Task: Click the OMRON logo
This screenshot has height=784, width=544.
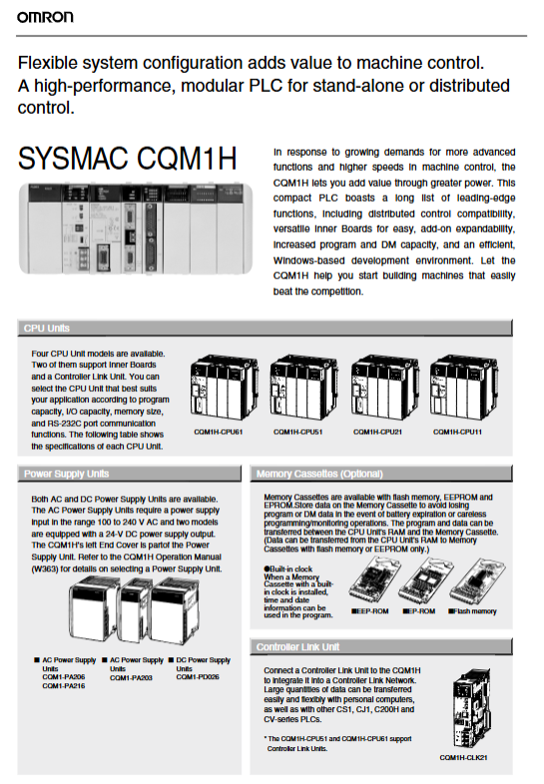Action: tap(45, 17)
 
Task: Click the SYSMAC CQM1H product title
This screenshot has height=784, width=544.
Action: tap(127, 159)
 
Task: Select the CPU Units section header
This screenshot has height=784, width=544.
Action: tap(47, 328)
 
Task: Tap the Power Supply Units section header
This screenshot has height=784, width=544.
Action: tap(66, 474)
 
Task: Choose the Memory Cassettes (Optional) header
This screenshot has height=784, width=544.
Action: tap(319, 474)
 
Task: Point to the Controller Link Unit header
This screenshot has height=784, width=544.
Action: tap(297, 647)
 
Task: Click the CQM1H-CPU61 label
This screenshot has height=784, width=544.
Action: tap(219, 432)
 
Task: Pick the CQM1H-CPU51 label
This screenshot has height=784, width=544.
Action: tap(297, 432)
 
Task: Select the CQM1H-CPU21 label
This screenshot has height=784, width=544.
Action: tap(377, 432)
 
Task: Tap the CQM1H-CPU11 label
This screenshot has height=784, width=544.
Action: tap(457, 432)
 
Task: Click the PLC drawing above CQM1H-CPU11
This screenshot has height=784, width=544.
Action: tap(463, 387)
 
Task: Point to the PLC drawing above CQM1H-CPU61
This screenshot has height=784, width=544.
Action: tap(224, 387)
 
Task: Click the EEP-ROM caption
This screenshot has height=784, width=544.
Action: tap(370, 611)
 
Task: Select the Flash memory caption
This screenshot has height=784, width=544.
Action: tap(472, 611)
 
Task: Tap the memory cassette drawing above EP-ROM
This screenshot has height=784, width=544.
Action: tap(426, 581)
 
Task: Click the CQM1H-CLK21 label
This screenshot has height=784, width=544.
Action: tap(463, 757)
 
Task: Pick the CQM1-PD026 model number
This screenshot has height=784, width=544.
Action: tap(198, 677)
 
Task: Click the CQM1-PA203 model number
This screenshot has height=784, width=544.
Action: tap(131, 677)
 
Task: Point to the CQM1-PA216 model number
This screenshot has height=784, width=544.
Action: tap(64, 686)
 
